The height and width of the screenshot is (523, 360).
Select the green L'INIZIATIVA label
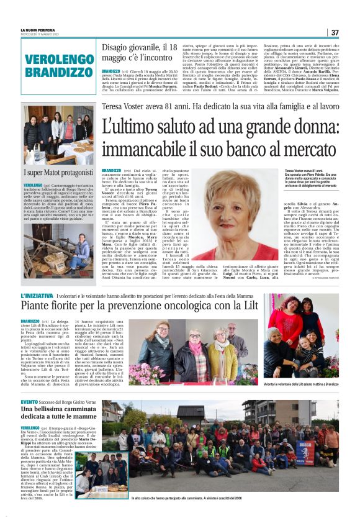pos(36,296)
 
